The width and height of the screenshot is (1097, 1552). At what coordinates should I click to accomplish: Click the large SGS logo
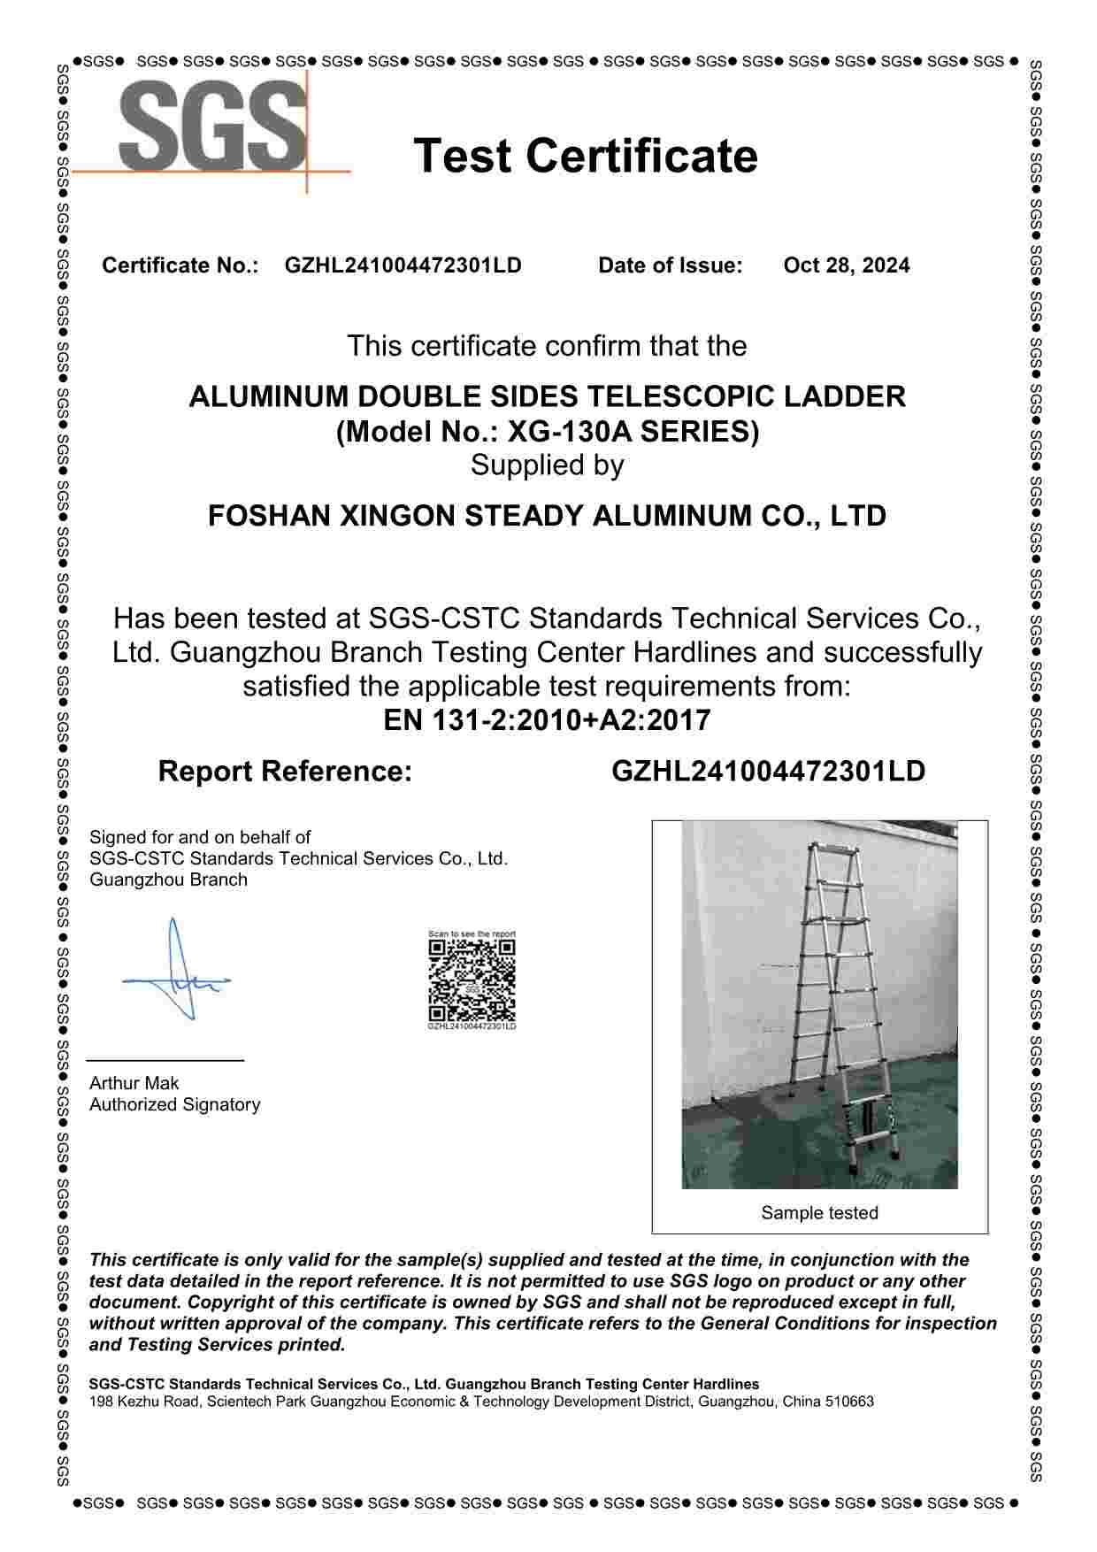pyautogui.click(x=212, y=127)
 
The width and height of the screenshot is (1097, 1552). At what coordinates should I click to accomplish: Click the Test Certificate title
pyautogui.click(x=586, y=156)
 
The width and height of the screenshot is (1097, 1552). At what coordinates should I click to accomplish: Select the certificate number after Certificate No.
pyautogui.click(x=403, y=265)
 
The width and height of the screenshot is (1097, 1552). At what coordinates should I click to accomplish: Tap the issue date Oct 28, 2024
pyautogui.click(x=846, y=265)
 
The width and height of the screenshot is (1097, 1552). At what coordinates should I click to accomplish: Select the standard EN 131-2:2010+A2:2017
pyautogui.click(x=547, y=720)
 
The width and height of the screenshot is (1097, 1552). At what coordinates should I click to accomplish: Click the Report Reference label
pyautogui.click(x=285, y=772)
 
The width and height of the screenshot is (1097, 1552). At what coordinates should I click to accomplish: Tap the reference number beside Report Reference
pyautogui.click(x=768, y=772)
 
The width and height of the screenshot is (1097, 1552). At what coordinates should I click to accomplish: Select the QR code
pyautogui.click(x=472, y=980)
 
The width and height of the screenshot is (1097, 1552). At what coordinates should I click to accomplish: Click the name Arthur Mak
pyautogui.click(x=134, y=1083)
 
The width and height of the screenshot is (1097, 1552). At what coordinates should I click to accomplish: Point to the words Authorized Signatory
pyautogui.click(x=174, y=1104)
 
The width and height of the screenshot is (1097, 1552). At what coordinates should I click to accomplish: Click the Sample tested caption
pyautogui.click(x=819, y=1213)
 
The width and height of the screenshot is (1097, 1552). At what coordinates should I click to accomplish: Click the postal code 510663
pyautogui.click(x=849, y=1402)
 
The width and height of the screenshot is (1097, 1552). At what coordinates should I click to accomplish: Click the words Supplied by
pyautogui.click(x=547, y=465)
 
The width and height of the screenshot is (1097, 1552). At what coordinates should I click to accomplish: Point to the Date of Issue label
pyautogui.click(x=670, y=265)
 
